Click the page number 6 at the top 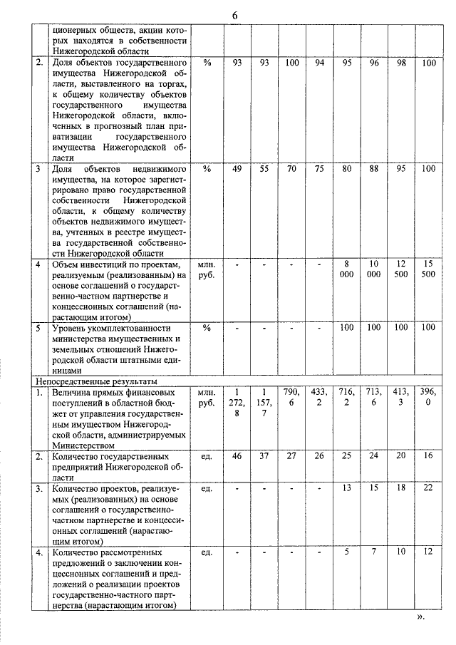point(234,16)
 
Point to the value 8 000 point(346,269)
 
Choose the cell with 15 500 point(428,269)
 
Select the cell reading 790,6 point(291,398)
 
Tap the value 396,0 point(428,398)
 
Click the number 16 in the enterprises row point(428,455)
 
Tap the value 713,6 point(373,398)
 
